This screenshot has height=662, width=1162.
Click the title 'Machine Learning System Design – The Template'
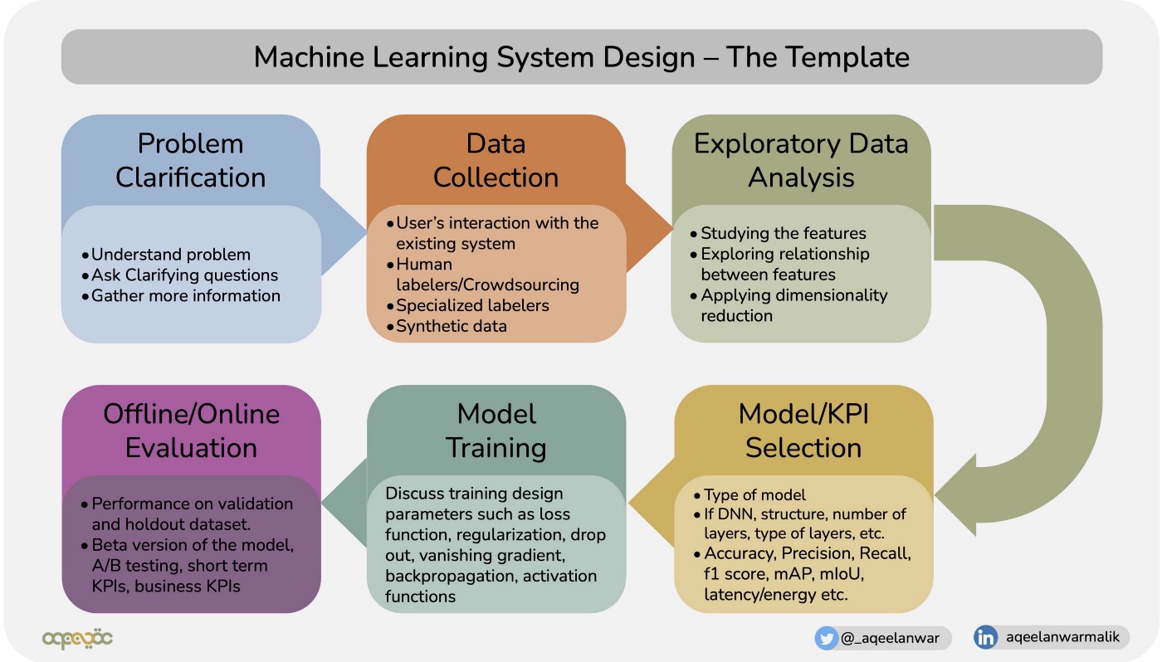581,57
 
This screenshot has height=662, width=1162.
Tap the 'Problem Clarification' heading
190,160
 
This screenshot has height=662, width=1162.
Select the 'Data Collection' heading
496,160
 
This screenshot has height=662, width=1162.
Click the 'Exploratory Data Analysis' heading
800,160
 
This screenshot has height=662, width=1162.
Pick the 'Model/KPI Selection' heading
803,431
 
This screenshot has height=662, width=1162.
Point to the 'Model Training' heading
496,431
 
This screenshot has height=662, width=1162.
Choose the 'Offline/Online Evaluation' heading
191,431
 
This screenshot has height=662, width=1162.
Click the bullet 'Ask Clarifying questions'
184,275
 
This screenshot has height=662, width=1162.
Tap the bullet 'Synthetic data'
451,326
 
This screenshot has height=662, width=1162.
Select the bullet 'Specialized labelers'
472,305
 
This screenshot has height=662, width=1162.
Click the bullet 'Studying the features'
783,233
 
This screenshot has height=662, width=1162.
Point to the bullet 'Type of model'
754,495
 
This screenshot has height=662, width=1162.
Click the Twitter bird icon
827,637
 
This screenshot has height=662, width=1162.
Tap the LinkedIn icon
986,637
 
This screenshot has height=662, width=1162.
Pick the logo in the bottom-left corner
77,638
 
